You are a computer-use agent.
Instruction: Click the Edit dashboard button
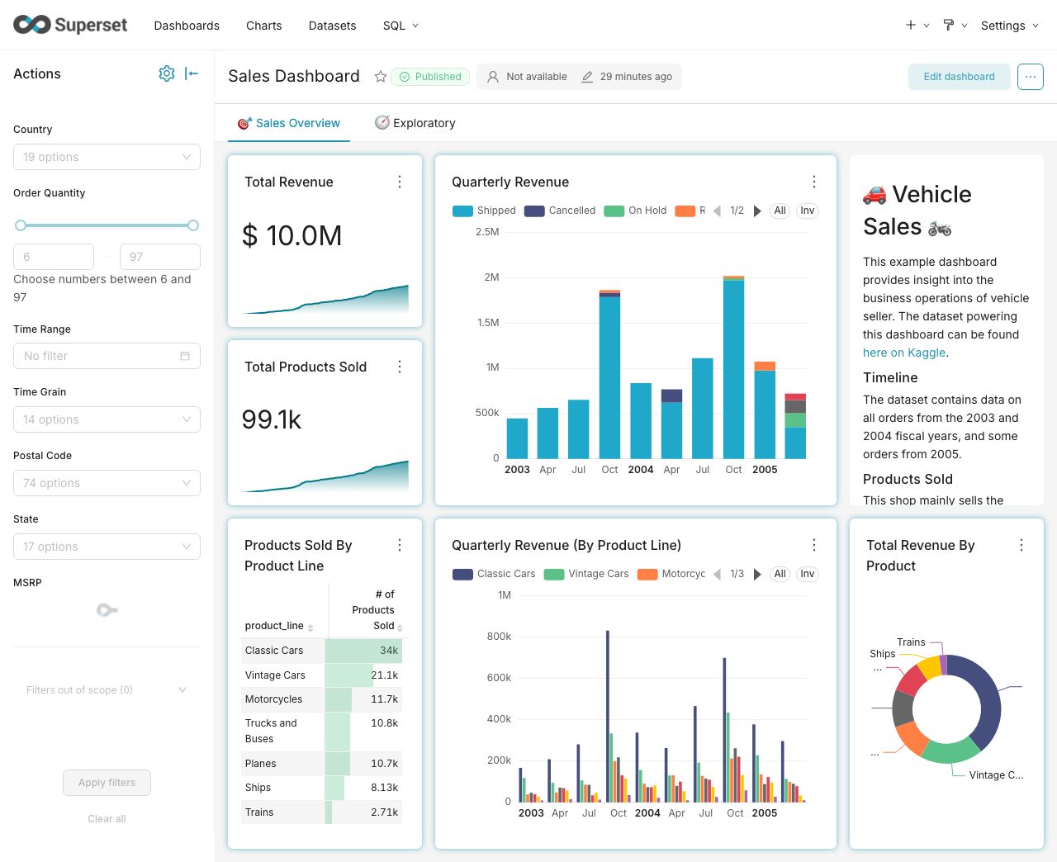(x=959, y=77)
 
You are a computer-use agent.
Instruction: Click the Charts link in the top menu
(x=263, y=26)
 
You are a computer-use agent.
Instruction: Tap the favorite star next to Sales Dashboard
(x=381, y=77)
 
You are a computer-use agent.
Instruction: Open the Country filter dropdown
(x=107, y=157)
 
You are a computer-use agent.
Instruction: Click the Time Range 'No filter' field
(x=107, y=356)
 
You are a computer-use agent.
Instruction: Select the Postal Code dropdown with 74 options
(x=107, y=483)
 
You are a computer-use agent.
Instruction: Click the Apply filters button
(x=107, y=783)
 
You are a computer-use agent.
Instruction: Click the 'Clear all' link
(x=107, y=819)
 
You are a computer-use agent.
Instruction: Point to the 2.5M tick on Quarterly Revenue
(x=487, y=232)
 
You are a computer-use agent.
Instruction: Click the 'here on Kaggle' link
(x=903, y=353)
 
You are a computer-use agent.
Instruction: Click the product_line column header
(x=274, y=626)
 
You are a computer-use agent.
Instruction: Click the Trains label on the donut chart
(x=911, y=642)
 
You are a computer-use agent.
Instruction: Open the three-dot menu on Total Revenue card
(x=400, y=182)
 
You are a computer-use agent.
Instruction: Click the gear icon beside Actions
(x=167, y=73)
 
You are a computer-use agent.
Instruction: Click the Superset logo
(x=70, y=25)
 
